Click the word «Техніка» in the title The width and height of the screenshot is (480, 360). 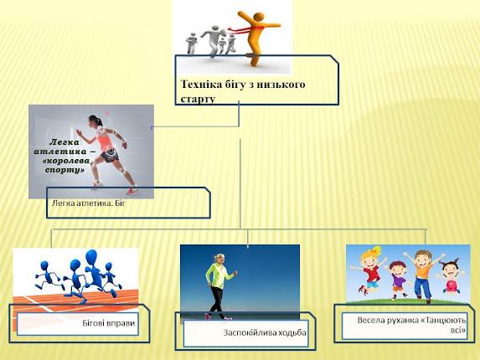click(x=201, y=84)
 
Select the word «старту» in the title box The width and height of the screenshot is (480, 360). click(x=198, y=99)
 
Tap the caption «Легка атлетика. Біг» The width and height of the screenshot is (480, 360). click(x=89, y=203)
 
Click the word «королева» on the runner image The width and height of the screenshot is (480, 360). click(x=66, y=161)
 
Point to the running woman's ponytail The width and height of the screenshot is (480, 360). click(x=100, y=121)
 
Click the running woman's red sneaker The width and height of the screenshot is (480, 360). click(x=132, y=191)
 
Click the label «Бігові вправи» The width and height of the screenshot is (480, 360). click(x=109, y=323)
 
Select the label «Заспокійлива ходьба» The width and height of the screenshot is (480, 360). click(x=265, y=332)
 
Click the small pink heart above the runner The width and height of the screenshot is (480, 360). click(x=107, y=114)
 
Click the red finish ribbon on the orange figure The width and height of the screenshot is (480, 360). click(x=245, y=29)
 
